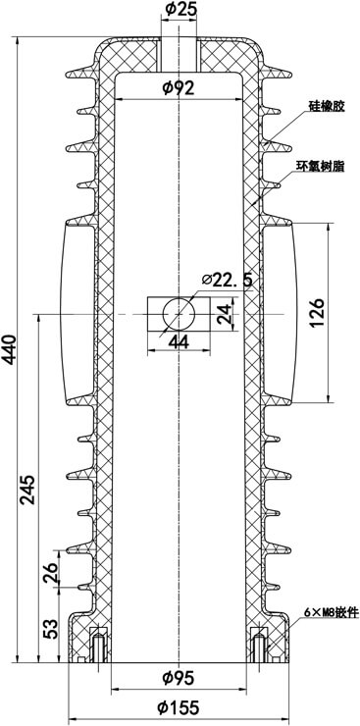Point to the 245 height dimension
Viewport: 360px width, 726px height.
point(28,488)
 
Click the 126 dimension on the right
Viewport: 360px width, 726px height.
point(317,312)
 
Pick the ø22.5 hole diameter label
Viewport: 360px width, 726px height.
point(228,281)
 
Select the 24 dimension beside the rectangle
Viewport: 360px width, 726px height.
point(227,314)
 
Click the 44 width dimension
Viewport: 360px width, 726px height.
point(179,341)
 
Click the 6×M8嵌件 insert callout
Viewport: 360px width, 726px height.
point(326,613)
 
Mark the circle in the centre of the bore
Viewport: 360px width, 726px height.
point(180,313)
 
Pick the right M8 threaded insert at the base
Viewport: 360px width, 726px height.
point(260,646)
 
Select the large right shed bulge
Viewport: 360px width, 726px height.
point(281,312)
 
